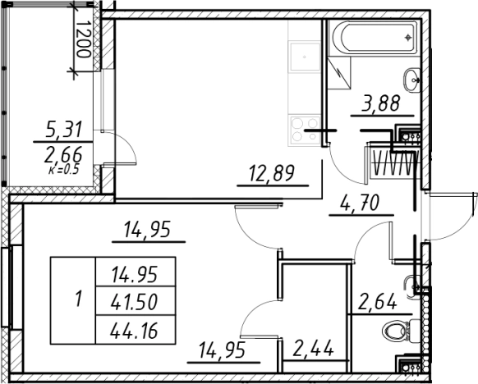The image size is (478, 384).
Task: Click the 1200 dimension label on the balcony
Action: pos(83,39)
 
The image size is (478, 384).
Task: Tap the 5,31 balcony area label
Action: pos(64,129)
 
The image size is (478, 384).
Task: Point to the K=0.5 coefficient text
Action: pos(64,169)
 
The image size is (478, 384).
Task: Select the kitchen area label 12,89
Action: pos(272,173)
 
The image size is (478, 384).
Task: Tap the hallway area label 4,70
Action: pos(360,203)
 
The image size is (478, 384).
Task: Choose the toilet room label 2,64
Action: pos(378,301)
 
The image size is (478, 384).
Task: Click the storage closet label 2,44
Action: pos(312,349)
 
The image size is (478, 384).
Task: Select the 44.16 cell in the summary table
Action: pos(135,331)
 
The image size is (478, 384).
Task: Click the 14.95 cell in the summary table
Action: pos(135,274)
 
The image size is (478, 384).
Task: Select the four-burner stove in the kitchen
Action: pos(305,129)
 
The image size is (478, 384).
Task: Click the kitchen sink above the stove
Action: pos(305,57)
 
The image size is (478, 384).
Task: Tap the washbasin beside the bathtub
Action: pos(412,80)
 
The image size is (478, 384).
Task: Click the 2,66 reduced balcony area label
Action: pos(63,155)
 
